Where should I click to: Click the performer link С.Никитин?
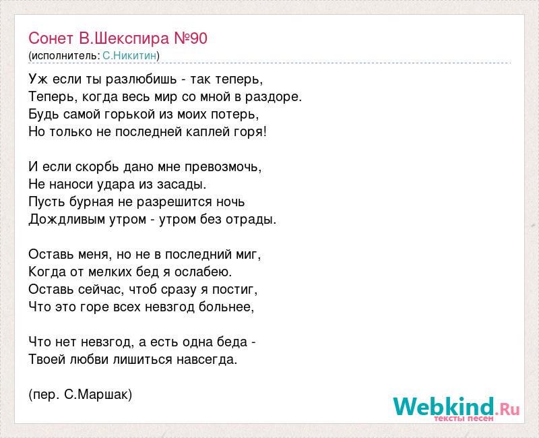click(x=129, y=56)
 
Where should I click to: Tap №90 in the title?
click(x=191, y=38)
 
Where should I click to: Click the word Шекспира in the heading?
click(x=132, y=38)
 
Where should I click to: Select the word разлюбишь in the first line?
click(x=141, y=80)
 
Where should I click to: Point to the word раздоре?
click(x=274, y=97)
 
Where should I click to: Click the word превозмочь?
click(x=223, y=167)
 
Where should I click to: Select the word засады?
click(x=181, y=185)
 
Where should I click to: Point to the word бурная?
click(x=92, y=201)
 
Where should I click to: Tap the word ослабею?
click(x=203, y=272)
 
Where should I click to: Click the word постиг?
click(x=234, y=290)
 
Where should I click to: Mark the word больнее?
click(x=226, y=307)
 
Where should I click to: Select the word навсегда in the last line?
click(x=207, y=360)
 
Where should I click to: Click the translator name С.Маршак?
click(x=98, y=395)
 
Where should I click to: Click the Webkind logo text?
click(x=456, y=406)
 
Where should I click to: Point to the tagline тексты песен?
click(x=464, y=418)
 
